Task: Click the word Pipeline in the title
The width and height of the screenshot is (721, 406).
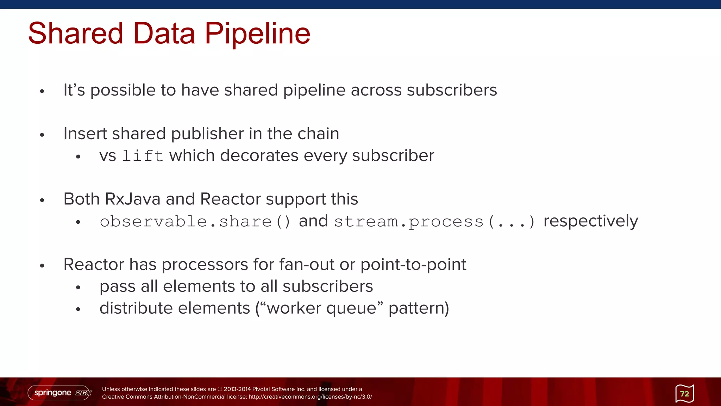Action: [x=257, y=33]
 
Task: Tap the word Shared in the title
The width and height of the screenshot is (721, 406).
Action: [x=75, y=33]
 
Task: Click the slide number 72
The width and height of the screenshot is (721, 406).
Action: [x=684, y=394]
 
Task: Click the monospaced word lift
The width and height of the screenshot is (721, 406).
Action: [x=143, y=156]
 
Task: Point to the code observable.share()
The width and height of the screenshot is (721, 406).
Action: [x=195, y=222]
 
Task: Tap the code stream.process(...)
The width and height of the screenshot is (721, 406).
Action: [x=434, y=222]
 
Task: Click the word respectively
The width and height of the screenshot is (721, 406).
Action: [x=590, y=221]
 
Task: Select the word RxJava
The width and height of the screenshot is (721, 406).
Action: [x=133, y=199]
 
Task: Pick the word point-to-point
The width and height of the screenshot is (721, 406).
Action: [x=413, y=264]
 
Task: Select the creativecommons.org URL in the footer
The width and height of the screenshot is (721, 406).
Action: [x=310, y=397]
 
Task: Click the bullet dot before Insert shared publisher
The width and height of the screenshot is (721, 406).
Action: [x=42, y=135]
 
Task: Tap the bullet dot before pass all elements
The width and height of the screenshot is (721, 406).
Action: [x=78, y=288]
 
